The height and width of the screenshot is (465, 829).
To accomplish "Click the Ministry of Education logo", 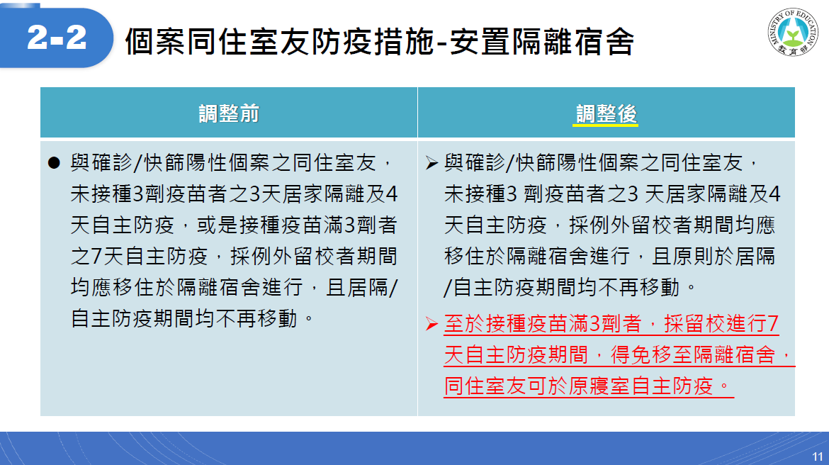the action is coord(793,33).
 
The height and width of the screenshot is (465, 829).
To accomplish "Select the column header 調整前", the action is coord(229,113).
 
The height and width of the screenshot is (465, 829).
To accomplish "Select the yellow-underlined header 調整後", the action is coord(606,113).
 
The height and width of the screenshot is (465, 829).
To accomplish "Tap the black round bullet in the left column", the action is coord(54,162).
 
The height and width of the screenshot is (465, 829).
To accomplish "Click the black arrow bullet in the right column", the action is coord(432,163).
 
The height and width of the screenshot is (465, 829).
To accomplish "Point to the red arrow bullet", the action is coord(432,324).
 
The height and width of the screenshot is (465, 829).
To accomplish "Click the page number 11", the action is coord(818,456).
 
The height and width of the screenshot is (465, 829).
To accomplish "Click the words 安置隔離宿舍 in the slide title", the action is coord(541,42).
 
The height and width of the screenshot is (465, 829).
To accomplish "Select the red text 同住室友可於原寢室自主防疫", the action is coord(579,386).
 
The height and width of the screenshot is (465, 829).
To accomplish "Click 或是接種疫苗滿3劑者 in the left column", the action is coord(297,225).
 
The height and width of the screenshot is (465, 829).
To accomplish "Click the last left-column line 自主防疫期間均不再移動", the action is coord(184,318).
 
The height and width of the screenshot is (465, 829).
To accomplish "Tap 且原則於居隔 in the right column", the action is coord(714,257).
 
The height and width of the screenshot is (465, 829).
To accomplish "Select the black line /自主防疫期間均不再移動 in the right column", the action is coord(561,288).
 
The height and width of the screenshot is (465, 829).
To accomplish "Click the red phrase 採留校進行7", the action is coord(721,324).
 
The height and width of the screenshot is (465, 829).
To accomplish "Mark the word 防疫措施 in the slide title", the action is coord(372,42).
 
